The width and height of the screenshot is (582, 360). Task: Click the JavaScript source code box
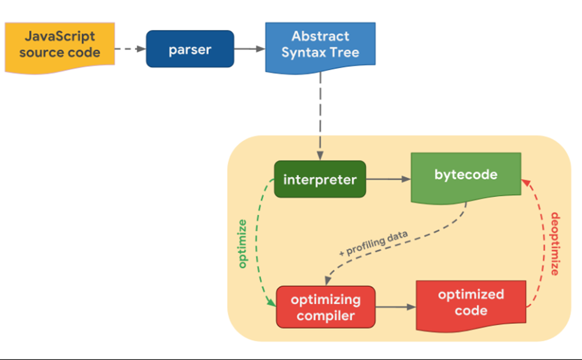[60, 48]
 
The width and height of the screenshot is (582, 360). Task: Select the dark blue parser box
[190, 49]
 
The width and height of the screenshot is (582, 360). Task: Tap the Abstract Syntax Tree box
[320, 48]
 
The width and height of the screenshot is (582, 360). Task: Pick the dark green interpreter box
[320, 179]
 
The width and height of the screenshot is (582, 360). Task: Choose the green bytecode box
[466, 178]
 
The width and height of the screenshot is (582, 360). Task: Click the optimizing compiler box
[325, 307]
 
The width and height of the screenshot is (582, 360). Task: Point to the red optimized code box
[471, 305]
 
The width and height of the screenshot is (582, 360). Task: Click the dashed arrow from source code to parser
[131, 48]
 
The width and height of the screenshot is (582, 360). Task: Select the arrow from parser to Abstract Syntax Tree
[250, 48]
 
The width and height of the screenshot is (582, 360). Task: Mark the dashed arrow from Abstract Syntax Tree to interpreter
[320, 117]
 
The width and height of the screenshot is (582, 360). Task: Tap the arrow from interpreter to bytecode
[388, 179]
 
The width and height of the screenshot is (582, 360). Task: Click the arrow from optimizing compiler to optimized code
[395, 307]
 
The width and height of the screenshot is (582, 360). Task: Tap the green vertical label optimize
[242, 243]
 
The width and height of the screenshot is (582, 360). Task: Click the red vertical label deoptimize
[555, 243]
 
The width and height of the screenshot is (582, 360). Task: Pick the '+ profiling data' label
[373, 243]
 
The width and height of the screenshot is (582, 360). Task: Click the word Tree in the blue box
[344, 52]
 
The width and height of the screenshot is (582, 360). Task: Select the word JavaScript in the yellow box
[60, 36]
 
